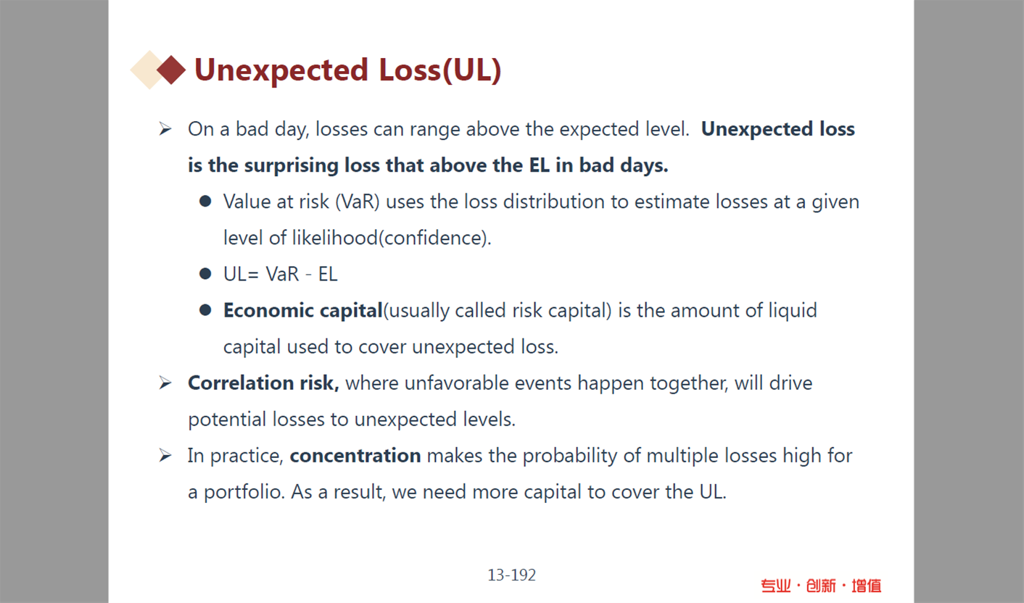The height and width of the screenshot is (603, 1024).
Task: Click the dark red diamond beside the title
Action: click(171, 70)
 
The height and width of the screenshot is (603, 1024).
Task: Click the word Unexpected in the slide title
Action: click(281, 70)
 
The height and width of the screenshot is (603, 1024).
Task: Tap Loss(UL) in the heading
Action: click(440, 70)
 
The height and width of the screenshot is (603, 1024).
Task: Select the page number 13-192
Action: click(511, 575)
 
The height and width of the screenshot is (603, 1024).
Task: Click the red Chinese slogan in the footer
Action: click(821, 586)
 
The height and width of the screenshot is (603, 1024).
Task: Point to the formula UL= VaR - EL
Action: click(280, 274)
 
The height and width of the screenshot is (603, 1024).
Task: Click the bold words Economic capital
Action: click(302, 311)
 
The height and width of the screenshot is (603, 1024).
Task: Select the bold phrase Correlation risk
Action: click(263, 383)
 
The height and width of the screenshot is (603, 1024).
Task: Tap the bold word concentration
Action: click(355, 455)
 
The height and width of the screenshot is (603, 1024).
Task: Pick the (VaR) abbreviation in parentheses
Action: click(358, 202)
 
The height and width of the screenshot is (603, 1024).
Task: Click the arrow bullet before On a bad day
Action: click(165, 129)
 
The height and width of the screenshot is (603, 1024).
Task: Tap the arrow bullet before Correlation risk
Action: click(165, 383)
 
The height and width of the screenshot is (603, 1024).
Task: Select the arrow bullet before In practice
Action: click(165, 455)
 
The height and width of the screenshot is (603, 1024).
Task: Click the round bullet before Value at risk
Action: click(205, 201)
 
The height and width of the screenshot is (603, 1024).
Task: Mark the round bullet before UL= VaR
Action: click(205, 274)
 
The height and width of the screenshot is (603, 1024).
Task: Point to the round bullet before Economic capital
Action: click(205, 311)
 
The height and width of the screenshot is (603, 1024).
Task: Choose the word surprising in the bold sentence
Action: click(292, 166)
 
